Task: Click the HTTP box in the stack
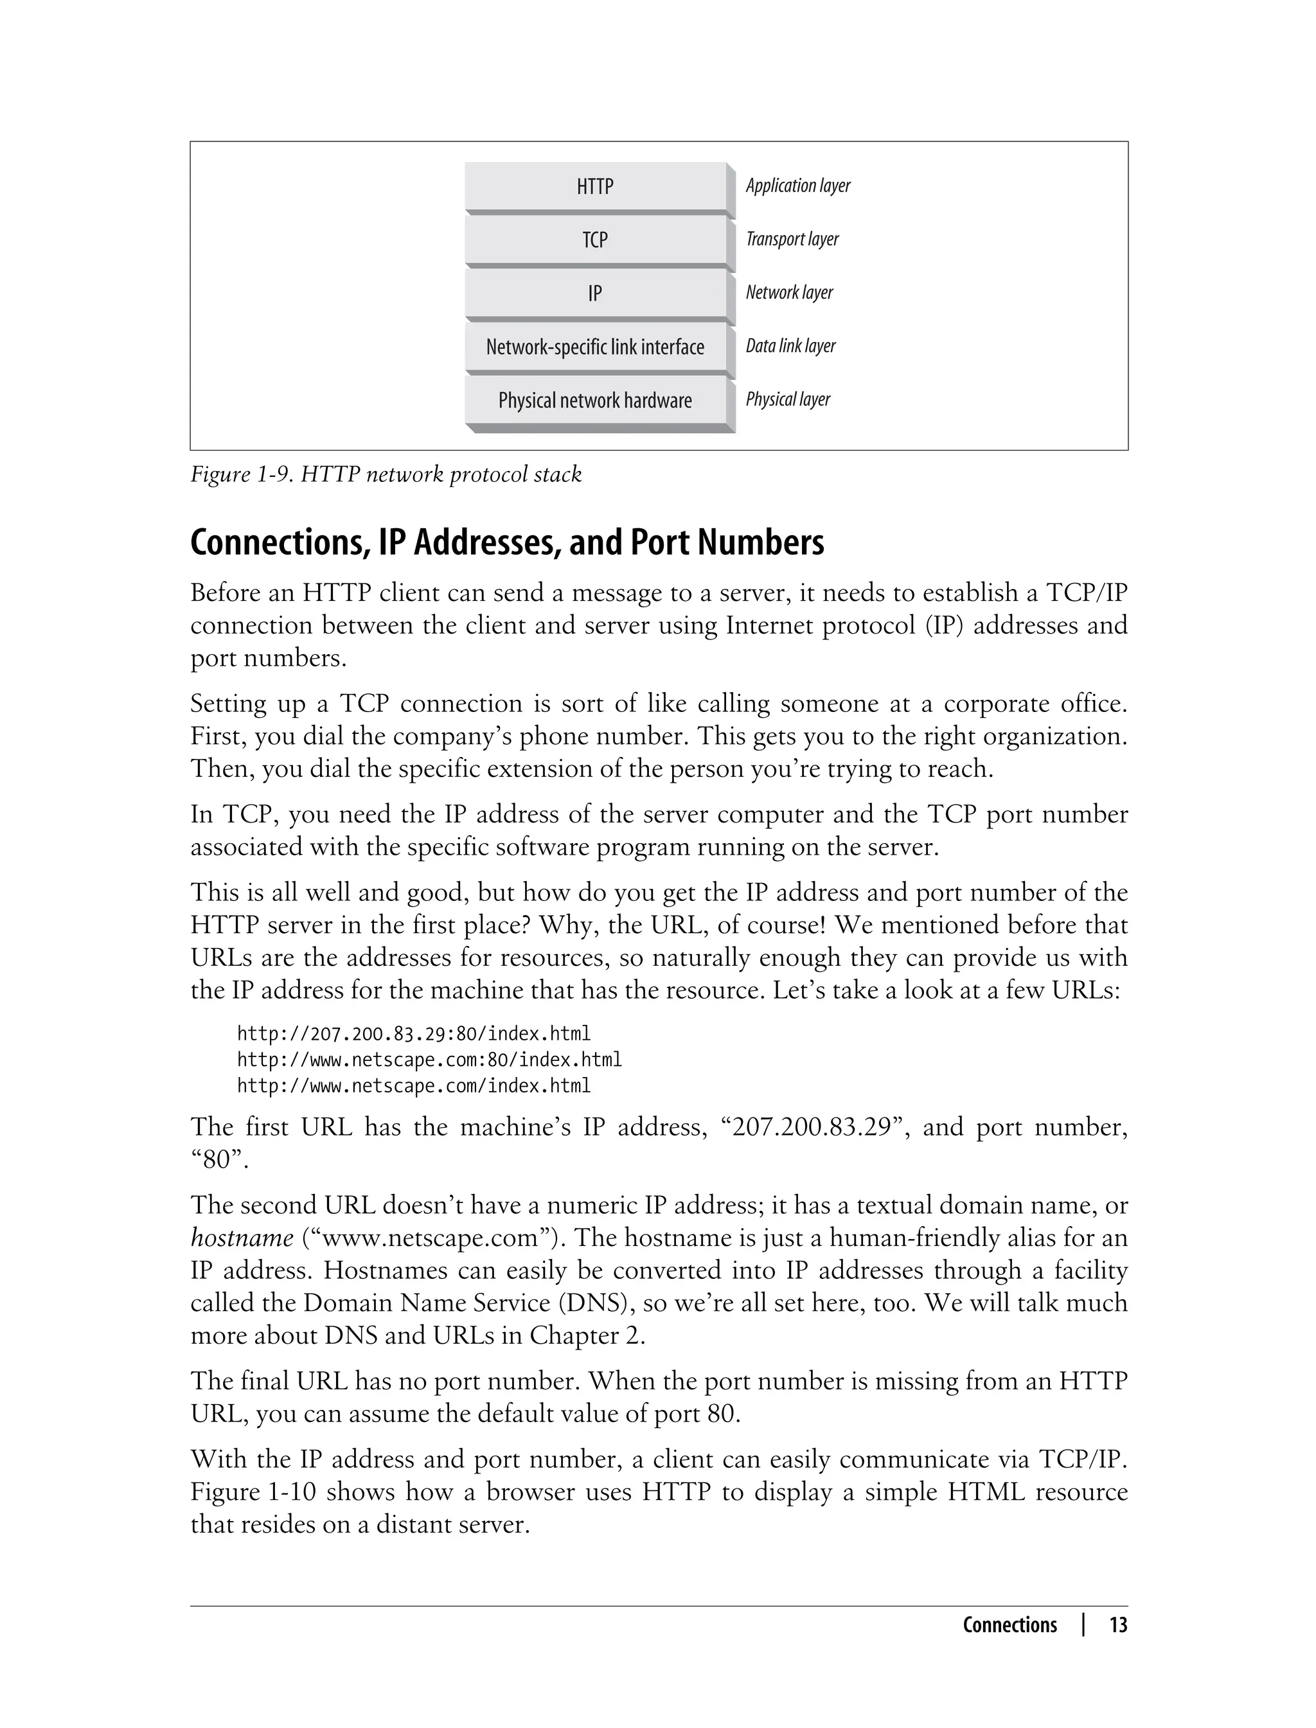coord(594,186)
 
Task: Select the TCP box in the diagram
coord(594,240)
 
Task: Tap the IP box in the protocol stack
coord(594,293)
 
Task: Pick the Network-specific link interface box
coord(594,346)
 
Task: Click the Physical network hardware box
coord(594,400)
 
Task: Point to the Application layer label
coord(797,186)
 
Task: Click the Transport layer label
coord(791,239)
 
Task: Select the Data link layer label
coord(790,346)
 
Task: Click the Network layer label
coord(789,292)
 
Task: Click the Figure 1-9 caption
coord(386,475)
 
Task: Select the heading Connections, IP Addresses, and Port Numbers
coord(507,543)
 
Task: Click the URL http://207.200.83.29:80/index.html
coord(414,1034)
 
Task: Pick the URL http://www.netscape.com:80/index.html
coord(429,1060)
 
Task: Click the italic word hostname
coord(242,1238)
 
